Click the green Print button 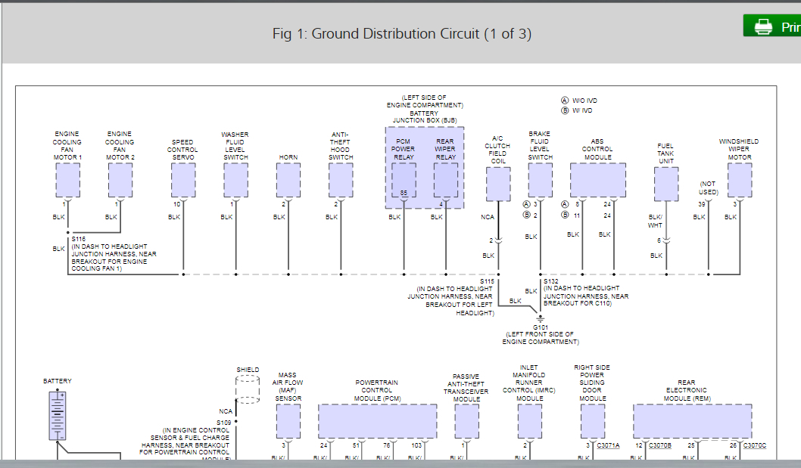click(772, 26)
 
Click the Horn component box click(288, 180)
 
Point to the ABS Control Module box click(598, 180)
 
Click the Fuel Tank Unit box click(666, 184)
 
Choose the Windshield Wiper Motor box click(740, 180)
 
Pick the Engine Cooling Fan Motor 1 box click(67, 180)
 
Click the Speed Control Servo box click(183, 180)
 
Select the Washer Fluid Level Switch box click(235, 180)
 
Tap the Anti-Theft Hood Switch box click(341, 180)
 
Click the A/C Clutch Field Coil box click(497, 184)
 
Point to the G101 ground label click(540, 327)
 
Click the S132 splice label click(550, 281)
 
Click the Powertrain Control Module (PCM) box click(377, 421)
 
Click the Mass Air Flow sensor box click(288, 421)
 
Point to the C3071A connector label click(608, 445)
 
